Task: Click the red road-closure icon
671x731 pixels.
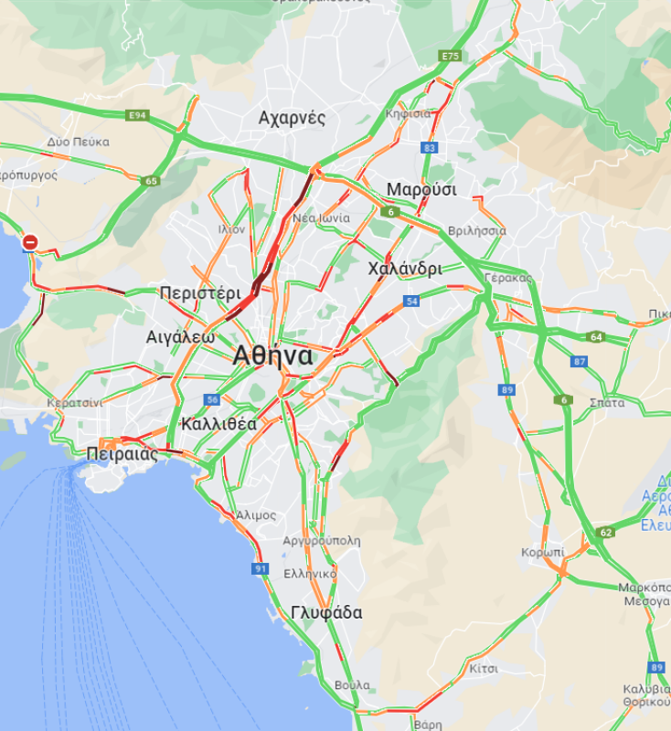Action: click(30, 242)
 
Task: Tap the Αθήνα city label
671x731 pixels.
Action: click(272, 355)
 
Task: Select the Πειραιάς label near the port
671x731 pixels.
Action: click(122, 453)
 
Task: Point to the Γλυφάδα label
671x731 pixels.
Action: click(326, 612)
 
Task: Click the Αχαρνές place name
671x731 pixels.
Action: click(292, 118)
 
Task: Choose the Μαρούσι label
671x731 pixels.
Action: click(421, 189)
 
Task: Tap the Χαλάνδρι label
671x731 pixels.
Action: click(404, 269)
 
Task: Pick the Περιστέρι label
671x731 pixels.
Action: click(200, 293)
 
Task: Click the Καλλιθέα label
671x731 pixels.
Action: click(218, 424)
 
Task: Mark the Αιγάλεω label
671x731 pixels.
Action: click(181, 336)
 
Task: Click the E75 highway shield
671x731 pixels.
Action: click(450, 57)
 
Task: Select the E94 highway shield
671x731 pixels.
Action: click(138, 115)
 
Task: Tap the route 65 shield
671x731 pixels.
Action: click(151, 181)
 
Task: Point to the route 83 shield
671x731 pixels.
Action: click(430, 147)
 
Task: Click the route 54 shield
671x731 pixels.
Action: click(412, 301)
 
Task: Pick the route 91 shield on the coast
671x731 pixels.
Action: click(261, 568)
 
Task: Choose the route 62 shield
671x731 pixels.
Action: click(605, 532)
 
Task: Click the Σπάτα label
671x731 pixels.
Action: click(607, 402)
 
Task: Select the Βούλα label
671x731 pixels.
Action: click(352, 684)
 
